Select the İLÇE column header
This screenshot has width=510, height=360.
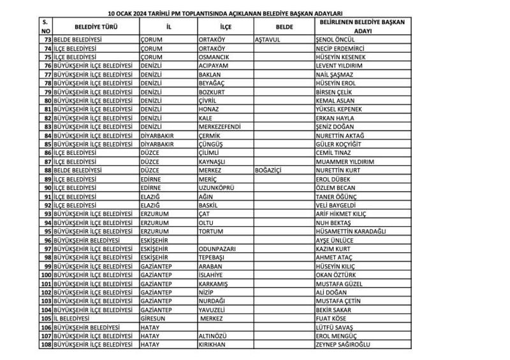pos(225,27)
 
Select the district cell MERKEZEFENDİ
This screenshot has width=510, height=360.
pos(220,127)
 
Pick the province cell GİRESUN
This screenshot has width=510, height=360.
pos(153,319)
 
